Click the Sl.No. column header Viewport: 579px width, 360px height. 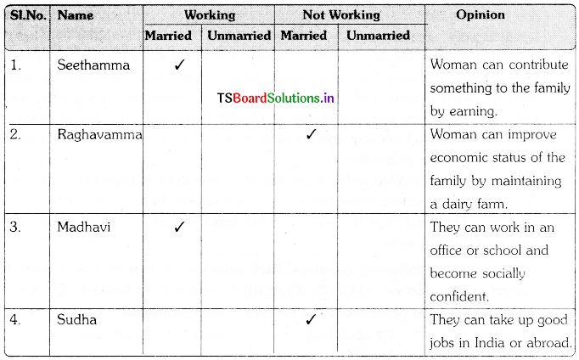pyautogui.click(x=28, y=15)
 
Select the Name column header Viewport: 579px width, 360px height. pyautogui.click(x=76, y=15)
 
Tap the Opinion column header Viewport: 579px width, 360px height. pyautogui.click(x=480, y=14)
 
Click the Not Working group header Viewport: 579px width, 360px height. pyautogui.click(x=341, y=14)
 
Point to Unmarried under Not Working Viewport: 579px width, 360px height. pyautogui.click(x=378, y=36)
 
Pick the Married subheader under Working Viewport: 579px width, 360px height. pyautogui.click(x=168, y=36)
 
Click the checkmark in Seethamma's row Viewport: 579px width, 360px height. pyautogui.click(x=179, y=65)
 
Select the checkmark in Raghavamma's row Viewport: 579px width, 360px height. pyautogui.click(x=312, y=133)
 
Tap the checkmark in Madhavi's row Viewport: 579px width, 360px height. pyautogui.click(x=179, y=227)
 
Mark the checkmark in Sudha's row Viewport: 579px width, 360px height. pyautogui.click(x=312, y=319)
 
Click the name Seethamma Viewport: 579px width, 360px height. pyautogui.click(x=93, y=65)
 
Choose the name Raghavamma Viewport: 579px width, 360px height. pyautogui.click(x=99, y=135)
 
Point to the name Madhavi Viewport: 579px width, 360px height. pyautogui.click(x=84, y=227)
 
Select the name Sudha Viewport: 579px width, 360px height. pyautogui.click(x=76, y=319)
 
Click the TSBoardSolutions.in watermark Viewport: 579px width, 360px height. pyautogui.click(x=275, y=98)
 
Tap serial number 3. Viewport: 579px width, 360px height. pyautogui.click(x=15, y=227)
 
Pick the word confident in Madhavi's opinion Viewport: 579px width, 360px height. pyautogui.click(x=460, y=296)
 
